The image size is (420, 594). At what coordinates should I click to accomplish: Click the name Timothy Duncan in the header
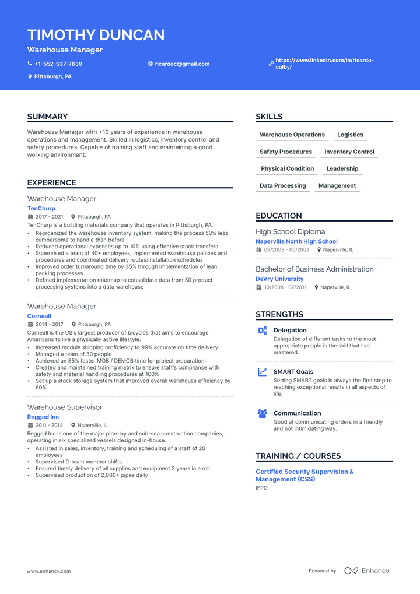pos(96,35)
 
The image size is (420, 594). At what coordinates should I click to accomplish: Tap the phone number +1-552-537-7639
pos(58,64)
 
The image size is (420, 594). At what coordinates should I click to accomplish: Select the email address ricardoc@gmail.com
pos(182,64)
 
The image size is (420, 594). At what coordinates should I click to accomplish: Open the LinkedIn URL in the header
pos(324,64)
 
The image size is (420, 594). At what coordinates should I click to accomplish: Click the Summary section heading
pos(47,117)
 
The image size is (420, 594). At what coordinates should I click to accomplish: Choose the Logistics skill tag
pos(350,135)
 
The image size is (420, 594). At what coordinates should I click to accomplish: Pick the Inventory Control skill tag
pos(349,152)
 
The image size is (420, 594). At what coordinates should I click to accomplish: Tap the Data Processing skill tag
pos(283,185)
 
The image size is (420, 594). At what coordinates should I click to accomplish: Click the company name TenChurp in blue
pos(41,208)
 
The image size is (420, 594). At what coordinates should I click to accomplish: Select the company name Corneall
pos(39,316)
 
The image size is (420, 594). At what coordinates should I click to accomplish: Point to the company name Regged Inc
pos(43,417)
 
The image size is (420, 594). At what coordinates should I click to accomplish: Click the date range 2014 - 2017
pos(49,324)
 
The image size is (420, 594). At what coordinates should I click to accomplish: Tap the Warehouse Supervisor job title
pos(64,407)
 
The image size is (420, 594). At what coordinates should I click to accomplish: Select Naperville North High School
pos(296,241)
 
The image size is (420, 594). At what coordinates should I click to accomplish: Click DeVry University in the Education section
pos(279,279)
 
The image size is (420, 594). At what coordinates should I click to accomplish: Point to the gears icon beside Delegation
pos(262,331)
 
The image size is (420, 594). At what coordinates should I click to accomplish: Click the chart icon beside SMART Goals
pos(262,372)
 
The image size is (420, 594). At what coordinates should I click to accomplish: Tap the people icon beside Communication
pos(262,413)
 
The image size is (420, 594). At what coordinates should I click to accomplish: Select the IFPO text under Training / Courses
pos(261,488)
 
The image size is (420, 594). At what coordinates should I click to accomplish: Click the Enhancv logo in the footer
pos(367,571)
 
